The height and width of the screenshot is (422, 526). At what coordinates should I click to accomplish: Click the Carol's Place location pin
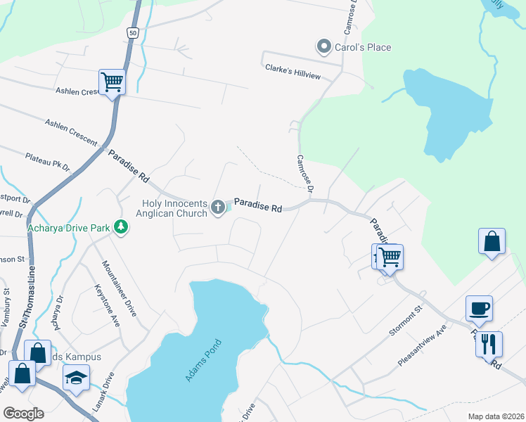(324, 47)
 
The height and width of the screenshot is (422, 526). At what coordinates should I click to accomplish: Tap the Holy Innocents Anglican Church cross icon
(218, 208)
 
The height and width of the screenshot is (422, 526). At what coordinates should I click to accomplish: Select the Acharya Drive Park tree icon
(122, 227)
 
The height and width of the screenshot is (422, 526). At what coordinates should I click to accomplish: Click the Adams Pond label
(203, 360)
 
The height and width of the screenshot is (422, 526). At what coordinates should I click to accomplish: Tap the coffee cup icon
(479, 308)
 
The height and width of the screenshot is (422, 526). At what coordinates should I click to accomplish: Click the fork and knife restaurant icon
(489, 344)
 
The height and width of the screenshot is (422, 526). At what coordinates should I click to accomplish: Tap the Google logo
(23, 413)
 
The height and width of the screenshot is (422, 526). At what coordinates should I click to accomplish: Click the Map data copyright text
(496, 416)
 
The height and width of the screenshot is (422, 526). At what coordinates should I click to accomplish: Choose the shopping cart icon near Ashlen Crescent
(112, 82)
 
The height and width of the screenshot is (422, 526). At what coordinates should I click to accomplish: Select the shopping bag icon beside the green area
(492, 241)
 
